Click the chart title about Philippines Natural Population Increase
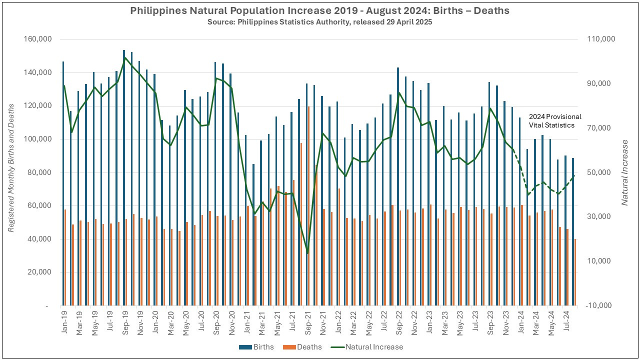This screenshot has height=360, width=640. click(x=320, y=11)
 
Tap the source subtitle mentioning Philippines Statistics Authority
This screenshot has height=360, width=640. click(x=320, y=21)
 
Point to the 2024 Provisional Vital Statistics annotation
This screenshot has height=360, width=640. click(x=555, y=121)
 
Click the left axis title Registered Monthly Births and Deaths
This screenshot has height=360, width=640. click(x=11, y=172)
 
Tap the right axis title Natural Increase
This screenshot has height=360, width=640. click(x=625, y=172)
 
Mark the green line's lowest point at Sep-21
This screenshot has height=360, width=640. click(x=308, y=253)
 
